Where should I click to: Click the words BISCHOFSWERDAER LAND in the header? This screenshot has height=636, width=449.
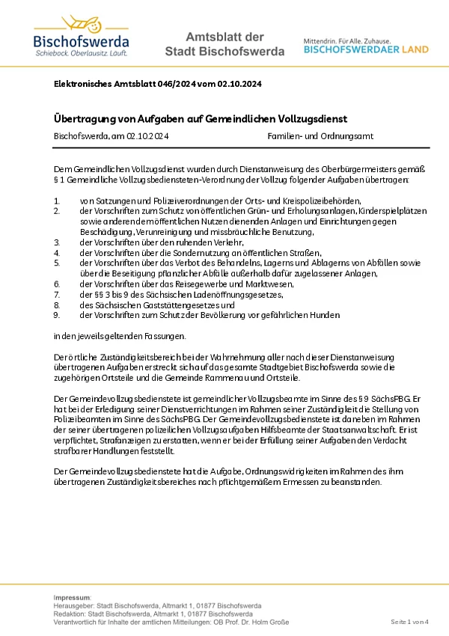point(366,50)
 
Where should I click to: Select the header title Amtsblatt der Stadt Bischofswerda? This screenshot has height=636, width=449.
point(224,44)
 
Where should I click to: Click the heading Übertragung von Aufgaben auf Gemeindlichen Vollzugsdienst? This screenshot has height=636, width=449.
point(201,119)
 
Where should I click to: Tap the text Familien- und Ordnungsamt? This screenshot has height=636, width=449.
point(320,136)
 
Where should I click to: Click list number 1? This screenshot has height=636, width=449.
point(57,201)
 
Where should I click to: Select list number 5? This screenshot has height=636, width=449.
point(57,263)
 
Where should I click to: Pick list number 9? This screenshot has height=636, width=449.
point(57,316)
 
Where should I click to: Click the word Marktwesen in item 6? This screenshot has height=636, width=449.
point(240,285)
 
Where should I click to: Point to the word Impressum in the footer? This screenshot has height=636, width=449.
point(72,596)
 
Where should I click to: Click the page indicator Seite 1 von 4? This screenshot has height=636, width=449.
point(409,622)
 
